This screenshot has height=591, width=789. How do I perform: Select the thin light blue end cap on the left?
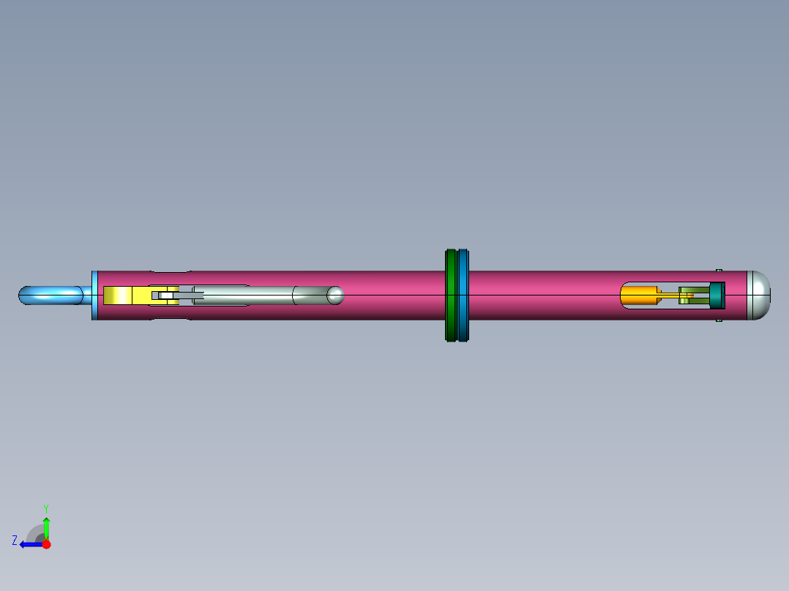[x=94, y=295]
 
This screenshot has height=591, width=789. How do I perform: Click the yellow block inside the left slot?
[x=117, y=295]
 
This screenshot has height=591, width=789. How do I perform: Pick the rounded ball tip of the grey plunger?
[x=335, y=295]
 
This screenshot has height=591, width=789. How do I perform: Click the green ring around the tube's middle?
[x=451, y=295]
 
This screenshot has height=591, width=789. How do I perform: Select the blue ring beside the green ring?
[x=463, y=295]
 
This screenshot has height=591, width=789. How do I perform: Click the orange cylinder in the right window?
[x=638, y=295]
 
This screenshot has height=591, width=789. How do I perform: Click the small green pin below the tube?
[x=719, y=320]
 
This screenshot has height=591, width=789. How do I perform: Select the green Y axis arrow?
[x=46, y=527]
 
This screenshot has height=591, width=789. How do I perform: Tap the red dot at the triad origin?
[x=46, y=544]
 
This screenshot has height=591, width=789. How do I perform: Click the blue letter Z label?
[x=15, y=540]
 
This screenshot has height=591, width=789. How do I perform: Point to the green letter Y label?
[x=45, y=508]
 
